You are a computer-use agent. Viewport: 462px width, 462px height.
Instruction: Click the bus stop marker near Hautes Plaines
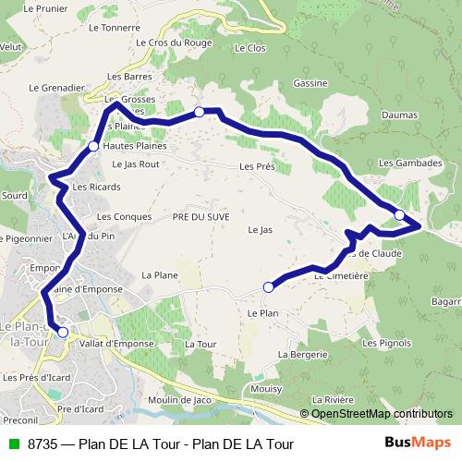93,146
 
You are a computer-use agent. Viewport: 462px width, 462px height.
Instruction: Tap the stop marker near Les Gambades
399,215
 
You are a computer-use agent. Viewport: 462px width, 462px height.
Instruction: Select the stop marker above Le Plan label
268,286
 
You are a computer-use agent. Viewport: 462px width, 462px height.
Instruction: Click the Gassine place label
310,83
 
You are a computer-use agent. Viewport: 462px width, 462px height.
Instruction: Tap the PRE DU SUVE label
201,215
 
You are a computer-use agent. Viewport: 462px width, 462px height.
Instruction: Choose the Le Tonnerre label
114,28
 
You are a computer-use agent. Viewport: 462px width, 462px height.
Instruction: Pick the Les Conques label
117,216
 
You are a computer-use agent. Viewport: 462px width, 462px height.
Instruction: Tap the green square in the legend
14,444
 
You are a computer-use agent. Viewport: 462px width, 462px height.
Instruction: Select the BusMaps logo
416,443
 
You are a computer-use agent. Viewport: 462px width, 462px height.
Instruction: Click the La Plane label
159,274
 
